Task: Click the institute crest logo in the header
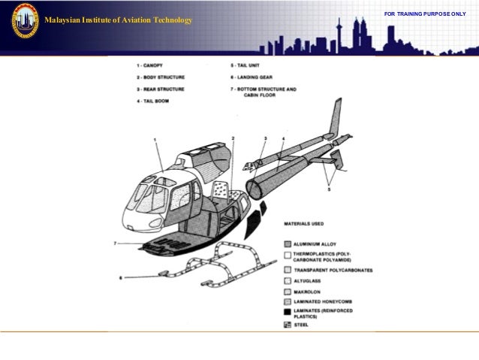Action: coord(24,20)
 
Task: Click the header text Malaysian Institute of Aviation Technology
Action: coord(118,20)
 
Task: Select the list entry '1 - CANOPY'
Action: coord(151,66)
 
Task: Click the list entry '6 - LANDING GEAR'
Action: coord(255,77)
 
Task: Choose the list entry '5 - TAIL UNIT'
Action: coord(249,66)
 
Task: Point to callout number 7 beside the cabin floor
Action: coord(115,244)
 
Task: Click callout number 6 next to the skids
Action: coord(120,278)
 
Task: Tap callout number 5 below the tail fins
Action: coord(328,190)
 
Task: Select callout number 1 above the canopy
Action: coord(154,140)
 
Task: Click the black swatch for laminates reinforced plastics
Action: coord(288,310)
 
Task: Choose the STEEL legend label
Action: coord(303,325)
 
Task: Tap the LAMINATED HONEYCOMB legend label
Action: coord(327,299)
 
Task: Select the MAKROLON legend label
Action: coord(311,289)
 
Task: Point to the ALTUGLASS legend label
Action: coord(313,280)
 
